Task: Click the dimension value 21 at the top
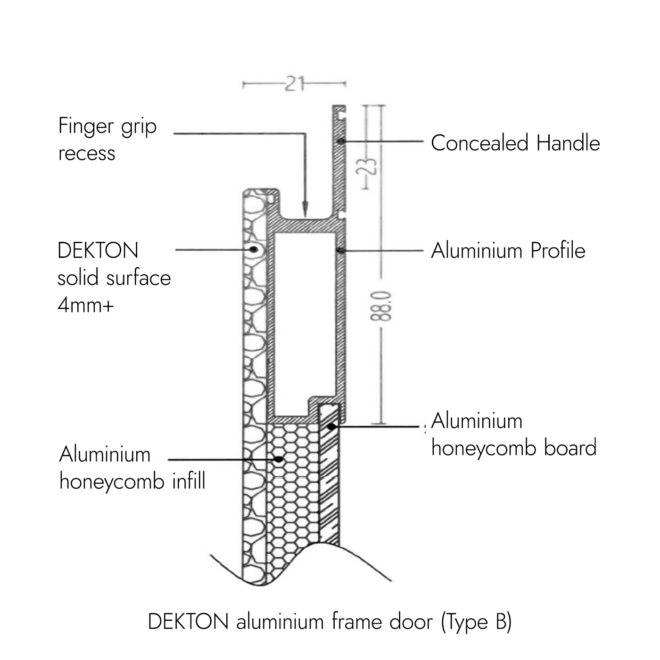coord(294,84)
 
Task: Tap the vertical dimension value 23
coord(371,166)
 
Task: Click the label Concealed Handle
coord(515,143)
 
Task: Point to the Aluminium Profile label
coord(508,250)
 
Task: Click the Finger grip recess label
coord(107,139)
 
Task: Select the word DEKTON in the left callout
coord(98,250)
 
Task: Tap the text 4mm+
coord(86,305)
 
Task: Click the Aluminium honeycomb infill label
coord(132,468)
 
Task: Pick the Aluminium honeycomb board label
coord(513,434)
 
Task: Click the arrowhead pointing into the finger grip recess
coord(305,207)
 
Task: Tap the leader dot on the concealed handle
coord(340,141)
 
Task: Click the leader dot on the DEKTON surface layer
coord(254,249)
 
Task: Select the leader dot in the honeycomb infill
coord(280,458)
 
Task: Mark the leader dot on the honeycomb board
coord(331,427)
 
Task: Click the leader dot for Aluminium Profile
coord(339,250)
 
